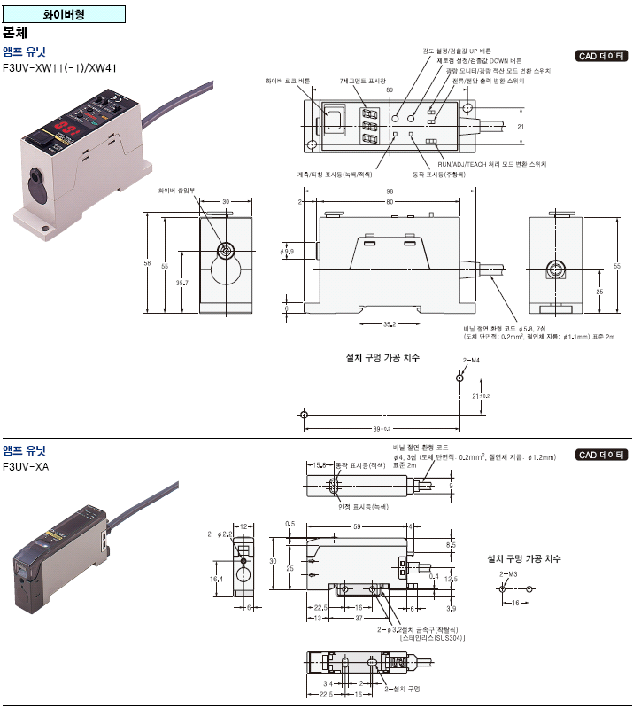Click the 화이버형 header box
pos(64,14)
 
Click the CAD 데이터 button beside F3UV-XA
pos(600,455)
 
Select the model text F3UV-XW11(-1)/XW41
pos(60,67)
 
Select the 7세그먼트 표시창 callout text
pos(362,81)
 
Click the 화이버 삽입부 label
pos(176,190)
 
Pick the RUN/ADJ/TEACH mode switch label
pos(492,164)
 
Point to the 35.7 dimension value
pos(181,283)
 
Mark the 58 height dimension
pos(148,263)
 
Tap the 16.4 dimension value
pos(216,578)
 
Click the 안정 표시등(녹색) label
pos(363,506)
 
